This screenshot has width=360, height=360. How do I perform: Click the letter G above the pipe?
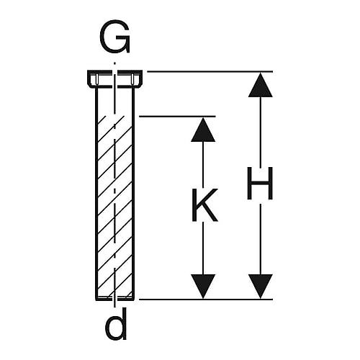point(114,37)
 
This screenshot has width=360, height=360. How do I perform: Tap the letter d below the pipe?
point(116,323)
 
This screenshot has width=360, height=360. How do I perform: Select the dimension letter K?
point(204,205)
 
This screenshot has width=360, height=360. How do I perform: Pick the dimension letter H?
point(260,183)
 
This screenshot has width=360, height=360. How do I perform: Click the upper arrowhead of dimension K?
point(203,130)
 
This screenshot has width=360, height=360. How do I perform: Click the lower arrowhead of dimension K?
point(203,287)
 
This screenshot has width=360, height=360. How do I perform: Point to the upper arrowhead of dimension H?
point(261,85)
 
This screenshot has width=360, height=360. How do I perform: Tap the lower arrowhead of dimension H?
point(261,287)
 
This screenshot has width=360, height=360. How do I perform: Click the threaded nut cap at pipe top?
point(114,78)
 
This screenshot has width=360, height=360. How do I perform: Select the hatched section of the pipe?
point(114,207)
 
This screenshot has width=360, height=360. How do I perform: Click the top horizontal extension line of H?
point(210,71)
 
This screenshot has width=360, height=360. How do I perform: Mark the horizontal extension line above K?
point(177,117)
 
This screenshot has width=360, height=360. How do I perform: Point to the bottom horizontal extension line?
point(206,300)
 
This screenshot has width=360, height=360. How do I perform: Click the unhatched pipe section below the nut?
point(114,102)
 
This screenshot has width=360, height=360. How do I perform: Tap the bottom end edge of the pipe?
point(114,299)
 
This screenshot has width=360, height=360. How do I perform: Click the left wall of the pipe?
point(96,194)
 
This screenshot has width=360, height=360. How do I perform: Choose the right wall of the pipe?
point(133,194)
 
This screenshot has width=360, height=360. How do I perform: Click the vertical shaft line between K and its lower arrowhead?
point(203,248)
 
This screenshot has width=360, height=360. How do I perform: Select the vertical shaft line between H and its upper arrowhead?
point(261,132)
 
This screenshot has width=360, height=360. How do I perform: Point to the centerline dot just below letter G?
point(114,63)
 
